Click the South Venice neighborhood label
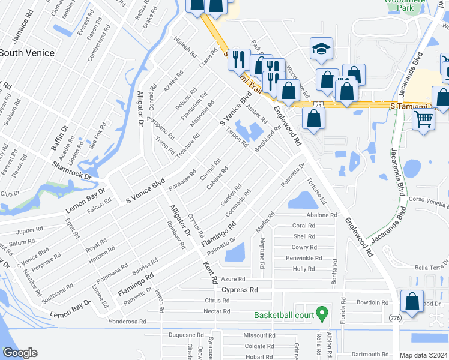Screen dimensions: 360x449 [x=27, y=53]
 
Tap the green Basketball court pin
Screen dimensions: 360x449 [x=322, y=313]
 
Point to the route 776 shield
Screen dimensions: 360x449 [x=394, y=317]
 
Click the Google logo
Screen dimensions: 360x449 [x=19, y=353]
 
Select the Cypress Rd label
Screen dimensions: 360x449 [x=240, y=289]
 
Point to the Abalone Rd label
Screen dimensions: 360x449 [x=322, y=215]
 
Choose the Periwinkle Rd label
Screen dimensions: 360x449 [x=303, y=258]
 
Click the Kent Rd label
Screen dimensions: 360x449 [x=210, y=272]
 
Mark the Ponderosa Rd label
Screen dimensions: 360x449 [x=127, y=322]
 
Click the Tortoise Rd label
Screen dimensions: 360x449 [x=316, y=190]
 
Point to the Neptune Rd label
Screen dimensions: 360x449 [x=262, y=252]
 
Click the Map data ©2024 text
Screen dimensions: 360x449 [x=423, y=355]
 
